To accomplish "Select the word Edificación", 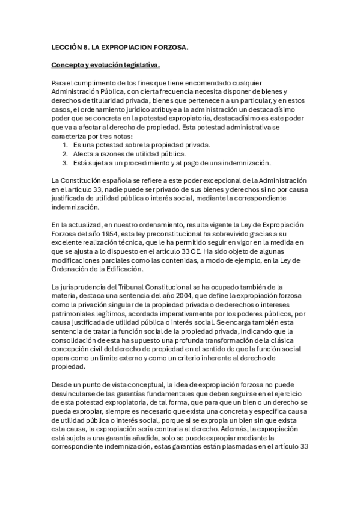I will tap(122, 269).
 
